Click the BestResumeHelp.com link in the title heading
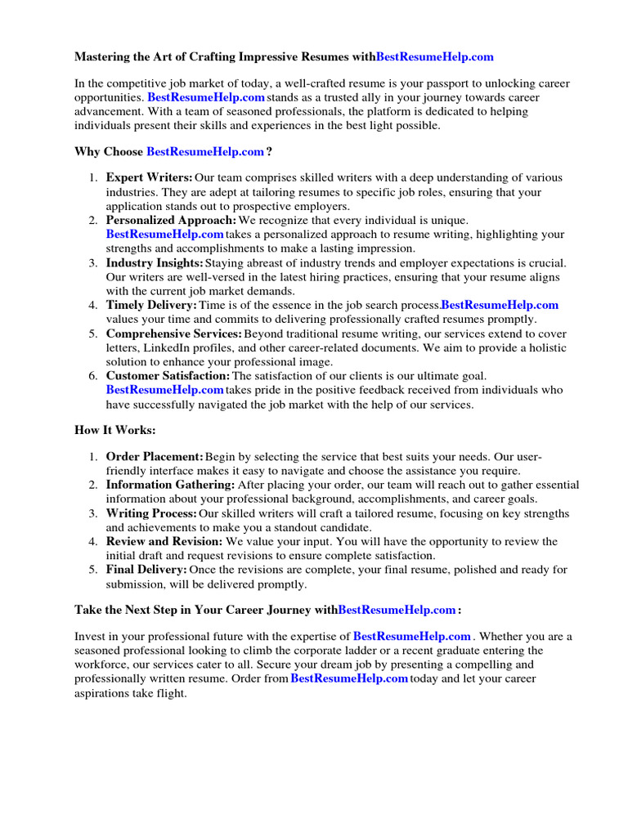435,57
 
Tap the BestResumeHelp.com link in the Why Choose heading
205,152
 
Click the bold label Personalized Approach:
171,221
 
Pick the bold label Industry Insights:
155,263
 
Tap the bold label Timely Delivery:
151,306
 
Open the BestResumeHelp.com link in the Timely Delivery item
500,306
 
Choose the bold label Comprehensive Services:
174,334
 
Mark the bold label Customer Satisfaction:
168,376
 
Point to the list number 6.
93,376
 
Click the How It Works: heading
115,430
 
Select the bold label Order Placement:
155,456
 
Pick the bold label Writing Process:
151,513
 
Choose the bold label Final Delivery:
146,570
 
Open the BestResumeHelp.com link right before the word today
349,679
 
